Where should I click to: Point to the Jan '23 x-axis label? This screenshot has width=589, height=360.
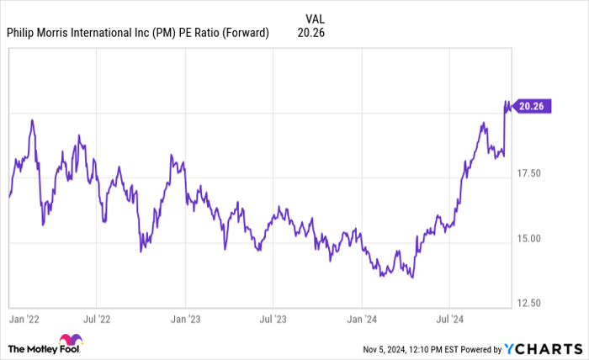pyautogui.click(x=185, y=320)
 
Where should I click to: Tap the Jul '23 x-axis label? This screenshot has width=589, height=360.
pyautogui.click(x=273, y=320)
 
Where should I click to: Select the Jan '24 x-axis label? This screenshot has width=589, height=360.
pyautogui.click(x=362, y=320)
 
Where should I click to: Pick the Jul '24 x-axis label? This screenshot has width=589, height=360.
pyautogui.click(x=448, y=320)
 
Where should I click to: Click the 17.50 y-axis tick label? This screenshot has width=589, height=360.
pyautogui.click(x=533, y=173)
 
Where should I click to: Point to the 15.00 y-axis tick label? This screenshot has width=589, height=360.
pyautogui.click(x=533, y=239)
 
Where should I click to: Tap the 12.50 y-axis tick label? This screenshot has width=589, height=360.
pyautogui.click(x=533, y=303)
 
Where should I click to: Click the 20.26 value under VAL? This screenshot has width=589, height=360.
pyautogui.click(x=311, y=34)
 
